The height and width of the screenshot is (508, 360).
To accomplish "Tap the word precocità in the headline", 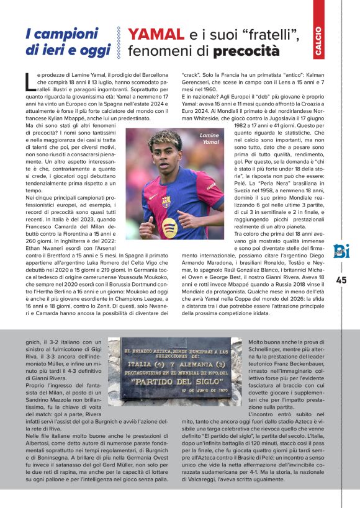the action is point(246,51).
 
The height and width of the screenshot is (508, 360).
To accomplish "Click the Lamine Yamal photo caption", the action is point(209,138).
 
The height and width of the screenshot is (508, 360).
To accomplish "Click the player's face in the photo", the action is point(166,154).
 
